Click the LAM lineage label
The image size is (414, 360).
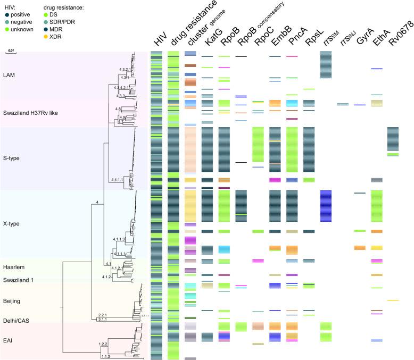9,75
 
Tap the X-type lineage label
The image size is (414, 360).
13,224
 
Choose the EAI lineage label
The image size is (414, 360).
9,337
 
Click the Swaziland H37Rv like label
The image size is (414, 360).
31,114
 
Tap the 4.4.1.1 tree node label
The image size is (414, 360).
118,181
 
